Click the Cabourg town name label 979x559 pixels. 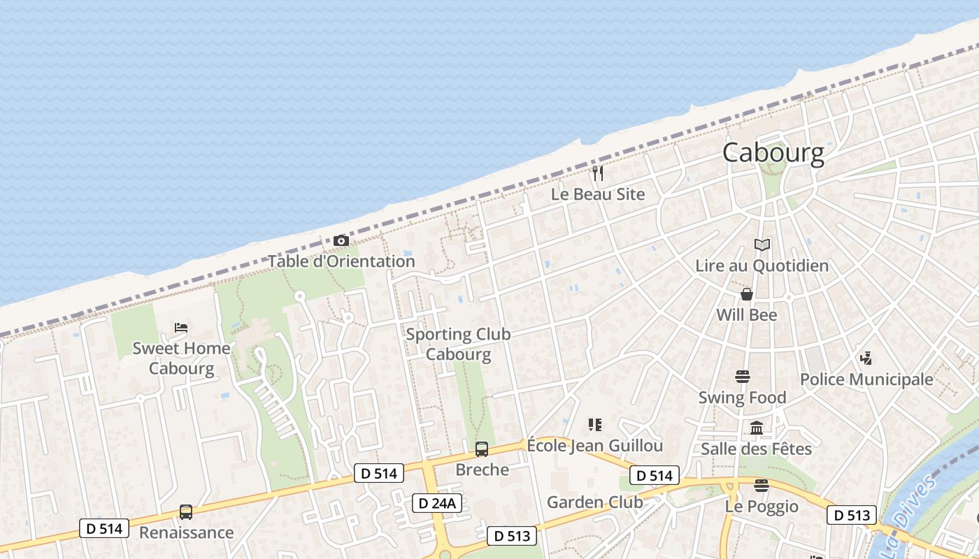click(x=773, y=152)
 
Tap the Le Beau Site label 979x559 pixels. click(x=598, y=194)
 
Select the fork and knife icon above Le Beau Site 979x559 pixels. click(x=598, y=173)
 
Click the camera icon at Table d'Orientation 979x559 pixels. click(x=341, y=241)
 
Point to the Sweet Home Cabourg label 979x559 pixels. click(x=181, y=358)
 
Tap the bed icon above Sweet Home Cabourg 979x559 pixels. click(x=181, y=327)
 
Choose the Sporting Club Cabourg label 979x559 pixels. click(x=458, y=344)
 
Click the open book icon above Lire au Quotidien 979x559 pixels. click(x=762, y=245)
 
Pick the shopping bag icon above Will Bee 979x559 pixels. click(x=747, y=294)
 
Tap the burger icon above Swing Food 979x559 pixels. click(x=743, y=377)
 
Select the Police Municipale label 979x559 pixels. click(x=866, y=379)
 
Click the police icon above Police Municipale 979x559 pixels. click(x=866, y=358)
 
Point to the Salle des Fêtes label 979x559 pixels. click(x=757, y=449)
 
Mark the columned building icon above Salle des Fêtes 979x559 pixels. click(x=757, y=428)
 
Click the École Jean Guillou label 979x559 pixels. click(x=594, y=445)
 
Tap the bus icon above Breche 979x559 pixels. click(x=482, y=449)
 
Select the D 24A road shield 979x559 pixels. click(x=437, y=503)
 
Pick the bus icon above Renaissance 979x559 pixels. click(x=186, y=512)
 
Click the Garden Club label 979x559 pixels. click(x=594, y=502)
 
